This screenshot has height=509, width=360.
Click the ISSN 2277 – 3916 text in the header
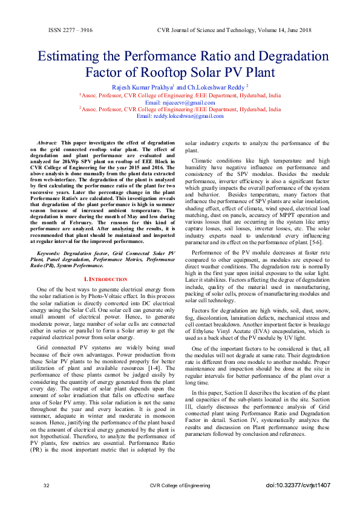pyautogui.click(x=70, y=30)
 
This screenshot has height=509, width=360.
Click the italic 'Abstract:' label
pyautogui.click(x=47, y=142)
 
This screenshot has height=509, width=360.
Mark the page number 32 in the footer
pyautogui.click(x=47, y=486)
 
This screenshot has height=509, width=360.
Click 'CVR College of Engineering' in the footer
pyautogui.click(x=180, y=486)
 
